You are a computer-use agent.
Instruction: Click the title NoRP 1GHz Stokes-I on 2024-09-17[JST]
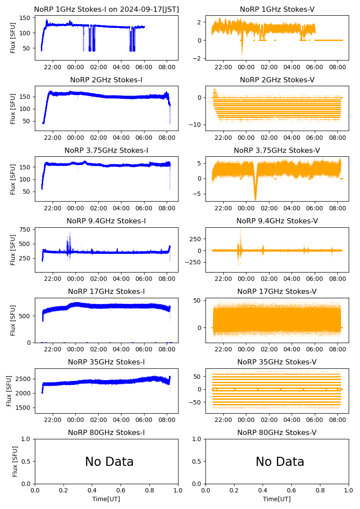coord(106,9)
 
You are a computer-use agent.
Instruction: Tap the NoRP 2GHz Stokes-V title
coord(277,80)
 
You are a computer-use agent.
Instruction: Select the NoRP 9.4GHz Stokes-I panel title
coord(106,221)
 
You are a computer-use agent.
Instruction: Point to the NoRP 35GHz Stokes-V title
coord(277,362)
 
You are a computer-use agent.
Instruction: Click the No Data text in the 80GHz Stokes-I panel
coord(109,462)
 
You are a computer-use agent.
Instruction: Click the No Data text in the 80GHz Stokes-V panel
coord(280,462)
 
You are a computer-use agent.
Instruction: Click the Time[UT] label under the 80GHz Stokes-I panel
coord(106,499)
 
